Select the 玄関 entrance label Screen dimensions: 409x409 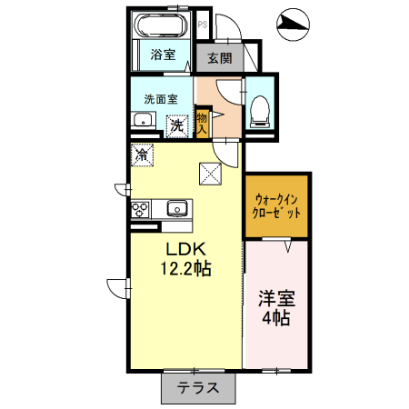(x=219, y=58)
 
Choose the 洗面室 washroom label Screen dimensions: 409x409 (x=160, y=98)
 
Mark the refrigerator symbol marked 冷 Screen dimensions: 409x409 (x=142, y=155)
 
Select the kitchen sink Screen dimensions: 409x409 (x=175, y=209)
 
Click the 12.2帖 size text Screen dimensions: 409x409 (x=186, y=269)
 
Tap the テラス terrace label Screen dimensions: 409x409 (x=198, y=387)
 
